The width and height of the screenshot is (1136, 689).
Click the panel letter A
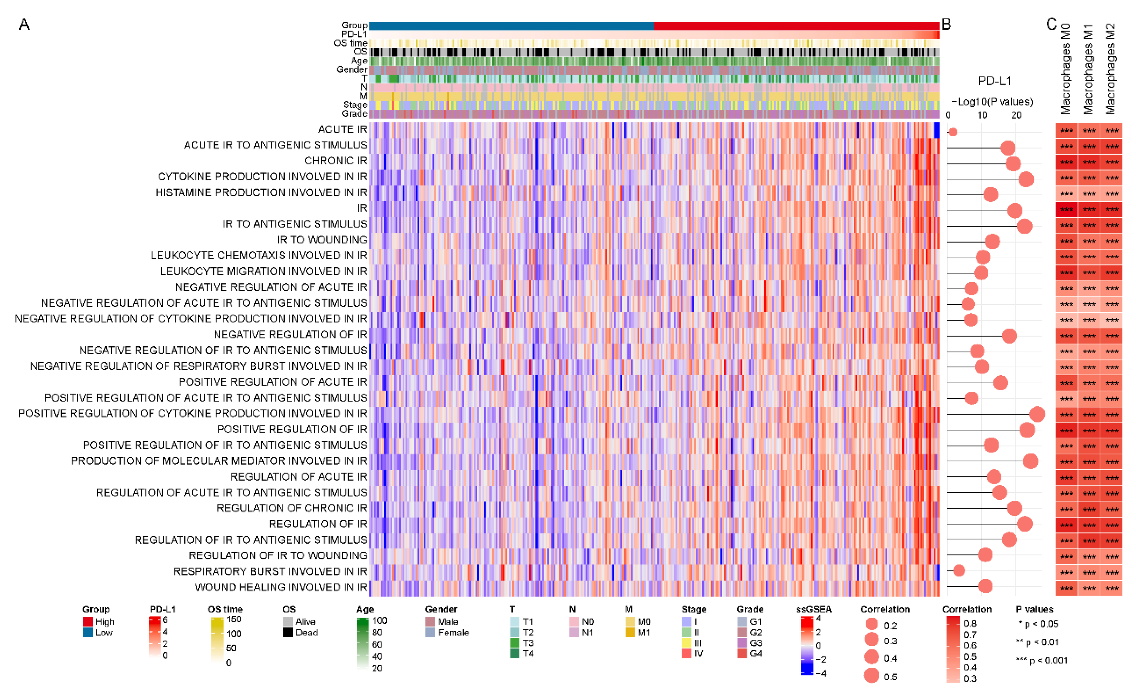(24, 24)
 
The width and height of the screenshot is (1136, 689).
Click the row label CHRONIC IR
(336, 161)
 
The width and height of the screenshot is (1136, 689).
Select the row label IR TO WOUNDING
(322, 240)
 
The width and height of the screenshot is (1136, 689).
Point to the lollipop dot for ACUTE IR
(953, 132)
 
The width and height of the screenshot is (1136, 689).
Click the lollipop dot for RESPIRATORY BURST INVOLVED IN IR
(959, 570)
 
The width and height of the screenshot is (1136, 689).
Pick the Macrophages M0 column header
(1066, 69)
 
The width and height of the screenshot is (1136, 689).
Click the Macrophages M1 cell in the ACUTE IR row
(1089, 130)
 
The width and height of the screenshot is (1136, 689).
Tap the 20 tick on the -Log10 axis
(1016, 115)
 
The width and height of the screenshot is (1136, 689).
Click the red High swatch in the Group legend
(88, 622)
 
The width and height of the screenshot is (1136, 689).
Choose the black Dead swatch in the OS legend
(288, 632)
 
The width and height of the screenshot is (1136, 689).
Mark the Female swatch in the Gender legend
(430, 632)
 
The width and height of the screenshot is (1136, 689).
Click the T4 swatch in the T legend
(515, 654)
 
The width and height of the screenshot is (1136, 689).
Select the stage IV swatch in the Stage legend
(686, 654)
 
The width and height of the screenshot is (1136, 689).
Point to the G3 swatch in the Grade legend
(742, 643)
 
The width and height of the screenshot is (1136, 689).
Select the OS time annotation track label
(350, 43)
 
